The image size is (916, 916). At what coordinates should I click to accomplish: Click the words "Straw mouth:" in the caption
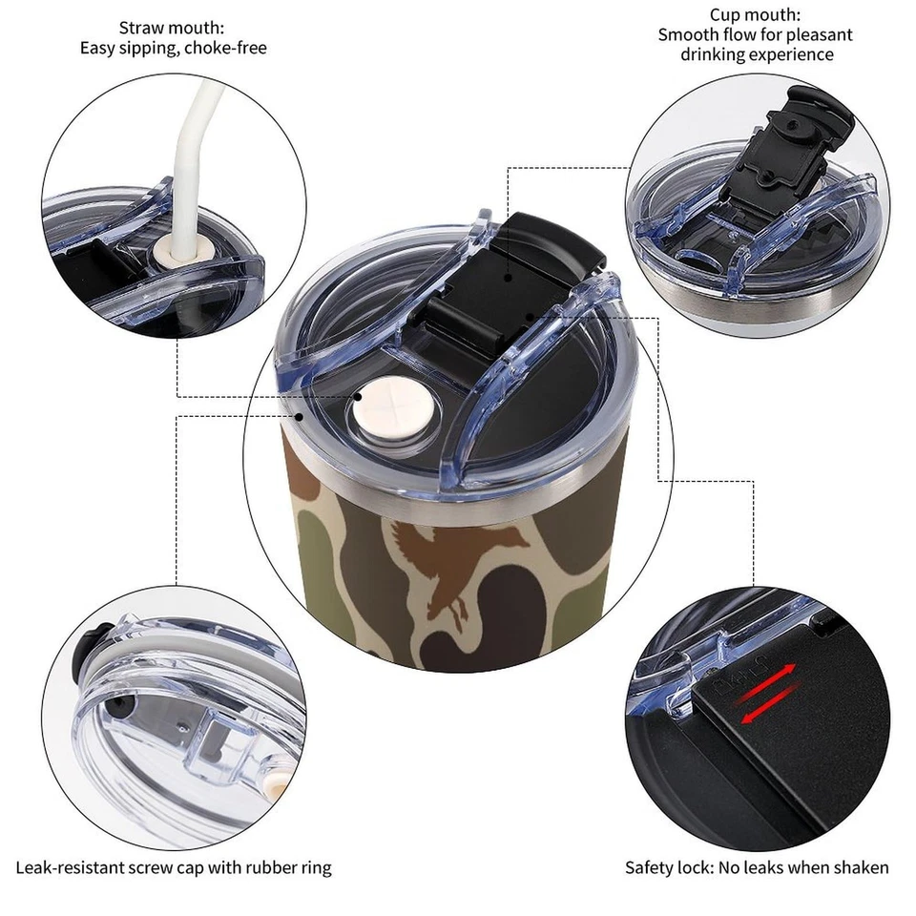pos(173,28)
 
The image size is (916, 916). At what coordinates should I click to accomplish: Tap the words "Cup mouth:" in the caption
pos(755,14)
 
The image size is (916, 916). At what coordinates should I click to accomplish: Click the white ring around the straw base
pos(177,253)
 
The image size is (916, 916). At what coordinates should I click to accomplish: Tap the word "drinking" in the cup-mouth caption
pos(713,54)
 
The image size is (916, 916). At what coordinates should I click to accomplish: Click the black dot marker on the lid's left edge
pos(299,416)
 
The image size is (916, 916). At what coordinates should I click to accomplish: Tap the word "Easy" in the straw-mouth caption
pos(97,47)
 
